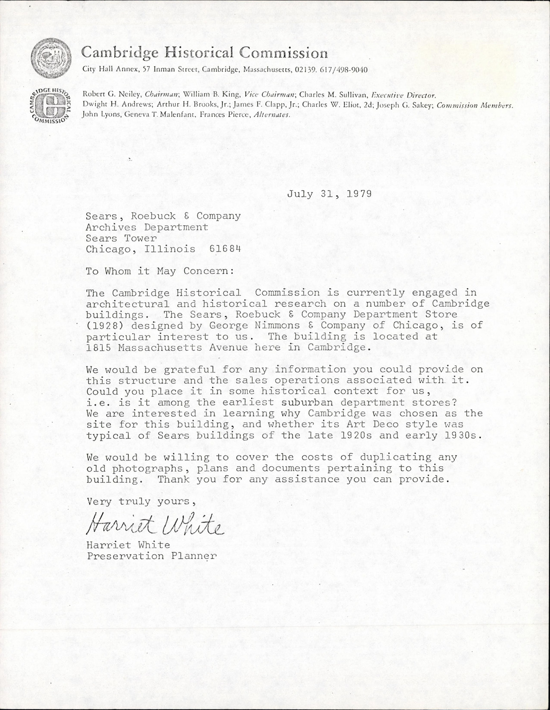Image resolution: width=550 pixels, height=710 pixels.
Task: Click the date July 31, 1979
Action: click(329, 194)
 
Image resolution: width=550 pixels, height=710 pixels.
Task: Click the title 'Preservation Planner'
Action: click(152, 556)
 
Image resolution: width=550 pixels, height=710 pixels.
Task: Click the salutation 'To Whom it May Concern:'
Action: click(160, 271)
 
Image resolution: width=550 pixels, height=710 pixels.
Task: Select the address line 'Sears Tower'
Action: click(121, 238)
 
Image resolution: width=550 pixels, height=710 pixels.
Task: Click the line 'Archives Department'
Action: click(147, 227)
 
